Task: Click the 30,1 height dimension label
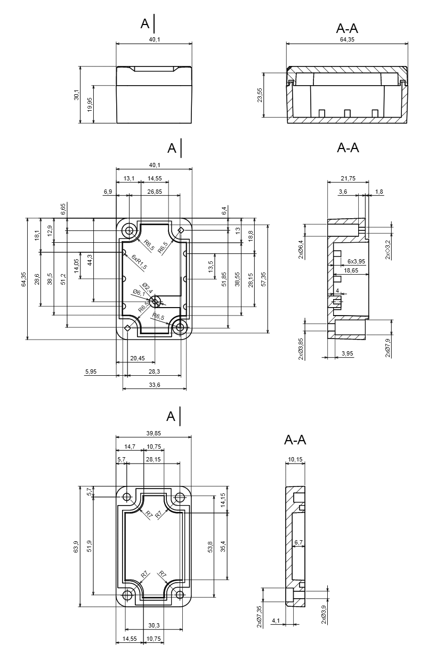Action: click(x=77, y=95)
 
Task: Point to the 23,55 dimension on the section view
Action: click(x=260, y=95)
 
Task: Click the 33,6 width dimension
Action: click(x=155, y=385)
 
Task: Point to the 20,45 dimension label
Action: click(x=138, y=358)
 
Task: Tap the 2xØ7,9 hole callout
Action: click(x=388, y=348)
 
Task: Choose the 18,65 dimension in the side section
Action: click(x=351, y=271)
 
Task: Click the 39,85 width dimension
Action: click(x=154, y=433)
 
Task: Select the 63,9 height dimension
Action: click(x=76, y=547)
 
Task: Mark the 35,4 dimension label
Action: click(x=222, y=546)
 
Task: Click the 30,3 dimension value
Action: click(x=155, y=625)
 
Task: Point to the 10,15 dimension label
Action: click(x=295, y=459)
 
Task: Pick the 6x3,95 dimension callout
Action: click(x=356, y=261)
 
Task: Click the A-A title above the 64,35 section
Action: click(x=347, y=28)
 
